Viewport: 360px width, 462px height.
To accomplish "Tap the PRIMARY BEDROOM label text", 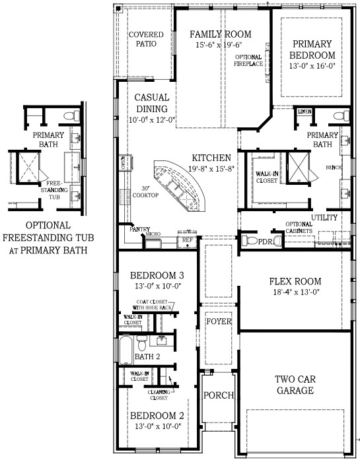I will (313, 49).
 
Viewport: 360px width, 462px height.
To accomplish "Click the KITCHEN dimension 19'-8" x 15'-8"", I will (211, 169).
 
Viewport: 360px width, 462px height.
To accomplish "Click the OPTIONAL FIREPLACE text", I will (248, 61).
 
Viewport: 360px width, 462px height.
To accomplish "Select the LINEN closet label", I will (304, 112).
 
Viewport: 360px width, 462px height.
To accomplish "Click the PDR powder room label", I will (266, 241).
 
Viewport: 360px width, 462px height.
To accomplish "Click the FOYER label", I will (218, 322).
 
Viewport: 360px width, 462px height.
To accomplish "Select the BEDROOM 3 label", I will (157, 275).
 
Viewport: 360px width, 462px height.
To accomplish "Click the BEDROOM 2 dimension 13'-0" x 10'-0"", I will (157, 427).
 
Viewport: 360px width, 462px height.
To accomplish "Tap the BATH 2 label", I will (147, 356).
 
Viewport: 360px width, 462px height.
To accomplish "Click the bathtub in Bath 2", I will (126, 350).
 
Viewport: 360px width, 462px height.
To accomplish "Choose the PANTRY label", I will (140, 229).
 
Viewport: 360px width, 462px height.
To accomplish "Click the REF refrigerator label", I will (187, 241).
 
